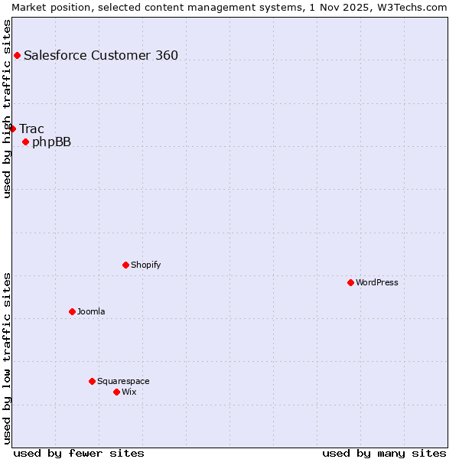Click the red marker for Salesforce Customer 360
click(17, 55)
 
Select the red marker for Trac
click(12, 129)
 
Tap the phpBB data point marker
click(25, 142)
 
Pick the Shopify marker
click(125, 265)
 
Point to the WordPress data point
click(350, 282)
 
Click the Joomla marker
click(72, 311)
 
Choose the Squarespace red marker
click(92, 381)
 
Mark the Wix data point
click(116, 392)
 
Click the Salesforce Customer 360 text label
click(101, 55)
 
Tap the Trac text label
click(31, 129)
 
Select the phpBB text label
click(51, 142)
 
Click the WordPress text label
click(377, 282)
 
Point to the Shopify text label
click(145, 265)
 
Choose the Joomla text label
click(91, 311)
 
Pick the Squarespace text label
click(123, 381)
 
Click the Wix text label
click(129, 392)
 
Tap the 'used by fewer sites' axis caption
click(79, 453)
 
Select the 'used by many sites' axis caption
click(384, 453)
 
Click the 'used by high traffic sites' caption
click(7, 109)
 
